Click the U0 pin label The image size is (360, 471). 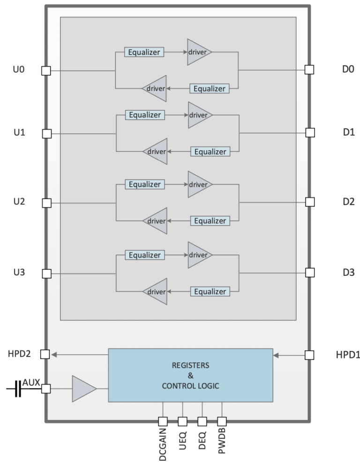coord(18,70)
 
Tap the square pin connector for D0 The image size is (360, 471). coord(309,70)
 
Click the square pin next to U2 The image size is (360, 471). coord(46,203)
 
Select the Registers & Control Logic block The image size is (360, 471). coord(190,375)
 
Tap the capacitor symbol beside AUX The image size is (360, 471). coord(18,389)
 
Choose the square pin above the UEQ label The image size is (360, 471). coord(182,421)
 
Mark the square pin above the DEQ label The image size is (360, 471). coord(202,421)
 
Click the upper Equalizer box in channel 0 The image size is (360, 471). coord(144,52)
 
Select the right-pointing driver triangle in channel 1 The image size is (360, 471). coord(199,115)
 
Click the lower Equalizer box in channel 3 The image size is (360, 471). coord(210,291)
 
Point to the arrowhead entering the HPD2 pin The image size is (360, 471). coord(55,355)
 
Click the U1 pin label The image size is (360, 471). coord(18,133)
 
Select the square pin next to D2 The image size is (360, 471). coord(309,202)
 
